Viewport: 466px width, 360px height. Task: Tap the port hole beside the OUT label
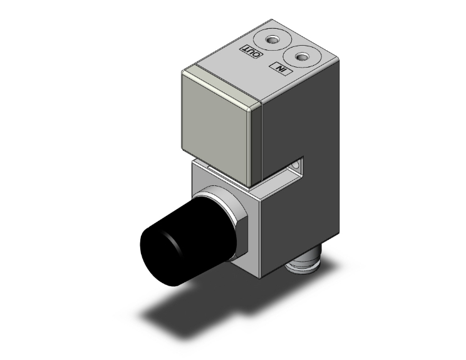272,41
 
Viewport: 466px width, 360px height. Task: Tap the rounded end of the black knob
156,249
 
